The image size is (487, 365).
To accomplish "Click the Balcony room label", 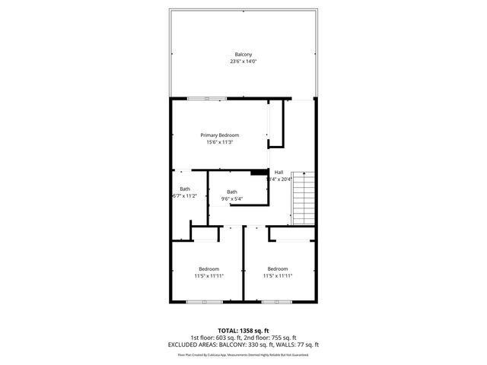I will [243, 54].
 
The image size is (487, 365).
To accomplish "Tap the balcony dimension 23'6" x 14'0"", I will [243, 62].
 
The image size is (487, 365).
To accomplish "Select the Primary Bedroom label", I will [219, 135].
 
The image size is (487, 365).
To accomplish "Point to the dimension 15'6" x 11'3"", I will [219, 142].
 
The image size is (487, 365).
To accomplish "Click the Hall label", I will [279, 172].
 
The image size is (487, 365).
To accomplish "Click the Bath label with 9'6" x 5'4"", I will [231, 192].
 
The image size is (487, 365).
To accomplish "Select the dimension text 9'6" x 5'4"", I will [231, 199].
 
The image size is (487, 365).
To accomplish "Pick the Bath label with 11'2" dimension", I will [185, 189].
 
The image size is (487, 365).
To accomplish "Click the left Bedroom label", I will [209, 268].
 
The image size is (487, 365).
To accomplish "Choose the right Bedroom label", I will [278, 268].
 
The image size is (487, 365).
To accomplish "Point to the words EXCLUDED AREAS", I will [189, 344].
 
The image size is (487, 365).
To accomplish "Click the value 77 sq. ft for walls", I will [306, 344].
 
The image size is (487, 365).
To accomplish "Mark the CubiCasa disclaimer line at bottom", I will [243, 354].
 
